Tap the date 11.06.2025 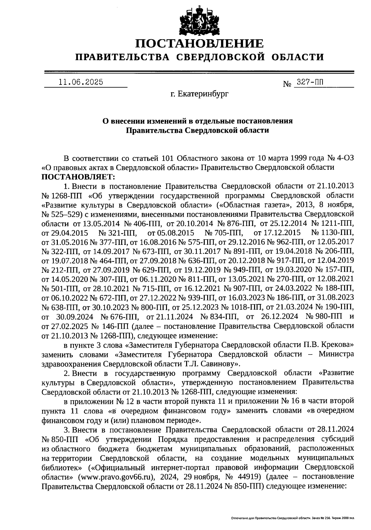(x=81, y=82)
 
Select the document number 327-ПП (x=310, y=82)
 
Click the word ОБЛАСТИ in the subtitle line (x=298, y=57)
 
